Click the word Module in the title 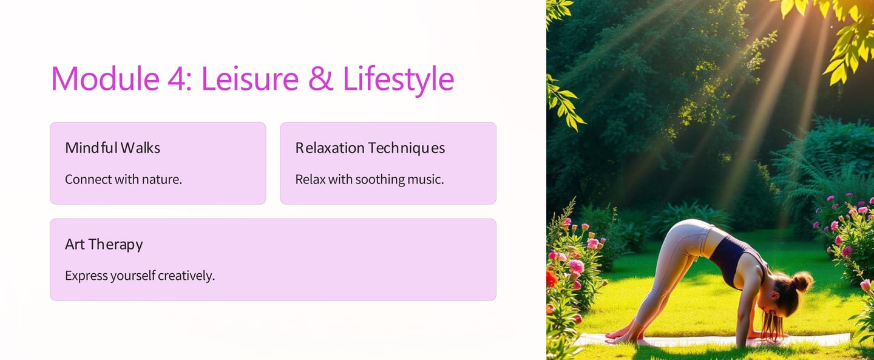(x=106, y=78)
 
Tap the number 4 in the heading (x=178, y=78)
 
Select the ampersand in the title (x=320, y=78)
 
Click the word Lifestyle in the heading (x=398, y=81)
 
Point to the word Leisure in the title (x=249, y=78)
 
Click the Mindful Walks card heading (x=112, y=148)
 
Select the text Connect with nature (x=123, y=179)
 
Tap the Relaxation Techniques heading (x=370, y=148)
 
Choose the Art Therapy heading (x=104, y=245)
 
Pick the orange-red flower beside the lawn (x=551, y=279)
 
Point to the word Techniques (x=406, y=148)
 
